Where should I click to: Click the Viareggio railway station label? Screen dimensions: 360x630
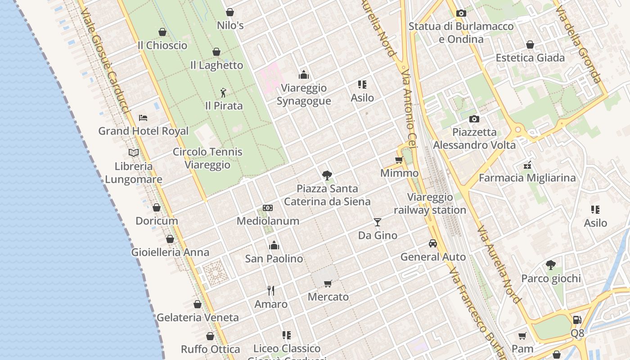(430, 203)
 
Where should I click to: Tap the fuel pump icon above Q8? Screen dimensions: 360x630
(577, 320)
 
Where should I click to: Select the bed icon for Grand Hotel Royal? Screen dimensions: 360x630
(143, 118)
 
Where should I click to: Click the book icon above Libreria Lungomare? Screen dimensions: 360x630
(134, 153)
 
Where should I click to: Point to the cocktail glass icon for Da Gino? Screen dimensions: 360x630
(377, 222)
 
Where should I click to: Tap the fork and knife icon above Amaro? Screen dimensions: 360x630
(271, 291)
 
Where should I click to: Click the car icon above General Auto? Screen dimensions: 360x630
(432, 243)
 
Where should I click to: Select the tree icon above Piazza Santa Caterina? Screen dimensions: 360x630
(327, 175)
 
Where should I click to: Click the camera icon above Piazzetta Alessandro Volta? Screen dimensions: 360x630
(474, 119)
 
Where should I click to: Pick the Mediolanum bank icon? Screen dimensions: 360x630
(268, 208)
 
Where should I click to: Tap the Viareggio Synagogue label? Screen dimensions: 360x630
(304, 94)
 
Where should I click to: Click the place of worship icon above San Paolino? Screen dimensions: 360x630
(274, 245)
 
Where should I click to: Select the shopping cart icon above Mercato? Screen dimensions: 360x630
(328, 283)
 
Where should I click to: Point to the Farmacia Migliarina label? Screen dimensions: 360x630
(527, 178)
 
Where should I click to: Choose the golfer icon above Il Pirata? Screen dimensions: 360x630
(223, 93)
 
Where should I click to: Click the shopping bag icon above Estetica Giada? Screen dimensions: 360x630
(530, 45)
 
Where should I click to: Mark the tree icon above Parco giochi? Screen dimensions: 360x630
(550, 265)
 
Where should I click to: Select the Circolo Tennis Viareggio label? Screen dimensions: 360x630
(207, 158)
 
